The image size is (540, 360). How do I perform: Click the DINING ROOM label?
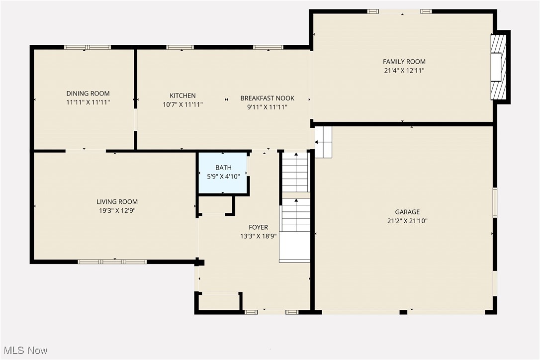pyautogui.click(x=88, y=93)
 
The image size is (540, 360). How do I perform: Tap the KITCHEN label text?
pyautogui.click(x=182, y=95)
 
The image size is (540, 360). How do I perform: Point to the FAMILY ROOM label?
pyautogui.click(x=404, y=62)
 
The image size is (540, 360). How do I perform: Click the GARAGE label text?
pyautogui.click(x=407, y=212)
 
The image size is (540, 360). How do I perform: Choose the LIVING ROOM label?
pyautogui.click(x=117, y=202)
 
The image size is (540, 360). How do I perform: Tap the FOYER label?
pyautogui.click(x=258, y=228)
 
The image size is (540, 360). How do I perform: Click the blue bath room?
pyautogui.click(x=223, y=173)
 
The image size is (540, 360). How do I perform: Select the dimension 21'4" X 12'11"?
pyautogui.click(x=404, y=71)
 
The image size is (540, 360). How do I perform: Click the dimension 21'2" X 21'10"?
pyautogui.click(x=407, y=221)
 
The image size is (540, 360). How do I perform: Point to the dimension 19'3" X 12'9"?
pyautogui.click(x=117, y=211)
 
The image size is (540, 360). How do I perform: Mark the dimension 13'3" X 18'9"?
pyautogui.click(x=258, y=237)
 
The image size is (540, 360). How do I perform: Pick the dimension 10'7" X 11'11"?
pyautogui.click(x=182, y=105)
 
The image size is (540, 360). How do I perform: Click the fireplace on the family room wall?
pyautogui.click(x=498, y=67)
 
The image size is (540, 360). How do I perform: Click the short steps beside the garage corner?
pyautogui.click(x=323, y=142)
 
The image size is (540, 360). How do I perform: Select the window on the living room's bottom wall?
pyautogui.click(x=112, y=261)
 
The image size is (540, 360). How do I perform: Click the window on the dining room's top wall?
pyautogui.click(x=88, y=47)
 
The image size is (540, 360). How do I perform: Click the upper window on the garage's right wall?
pyautogui.click(x=495, y=202)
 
